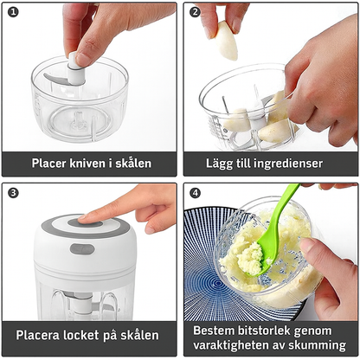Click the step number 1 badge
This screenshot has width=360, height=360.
[13, 12]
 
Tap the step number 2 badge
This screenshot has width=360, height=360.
[196, 12]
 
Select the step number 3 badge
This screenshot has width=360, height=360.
[13, 193]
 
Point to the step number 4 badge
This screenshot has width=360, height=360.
[196, 193]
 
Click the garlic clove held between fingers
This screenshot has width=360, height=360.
[226, 41]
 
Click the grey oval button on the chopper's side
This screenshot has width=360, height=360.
[82, 249]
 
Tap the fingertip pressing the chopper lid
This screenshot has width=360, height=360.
[83, 219]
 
